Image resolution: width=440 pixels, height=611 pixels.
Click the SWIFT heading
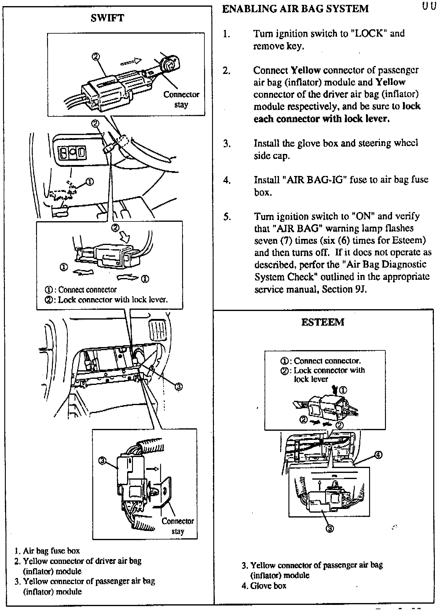point(107,18)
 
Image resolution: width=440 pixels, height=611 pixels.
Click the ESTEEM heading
point(323,322)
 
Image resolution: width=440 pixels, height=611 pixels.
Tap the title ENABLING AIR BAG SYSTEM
point(295,9)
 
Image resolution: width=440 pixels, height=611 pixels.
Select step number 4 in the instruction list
point(226,180)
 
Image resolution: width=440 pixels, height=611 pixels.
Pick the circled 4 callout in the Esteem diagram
point(378,455)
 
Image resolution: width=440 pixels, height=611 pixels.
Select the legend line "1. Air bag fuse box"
point(47,551)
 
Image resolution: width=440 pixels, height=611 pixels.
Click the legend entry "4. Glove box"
point(264,586)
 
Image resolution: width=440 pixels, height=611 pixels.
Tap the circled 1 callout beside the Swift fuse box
point(90,181)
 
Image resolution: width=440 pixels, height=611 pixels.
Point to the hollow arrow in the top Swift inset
point(131,61)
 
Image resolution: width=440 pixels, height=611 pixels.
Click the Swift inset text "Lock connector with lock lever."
point(113,299)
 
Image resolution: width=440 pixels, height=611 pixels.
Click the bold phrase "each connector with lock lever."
point(321,119)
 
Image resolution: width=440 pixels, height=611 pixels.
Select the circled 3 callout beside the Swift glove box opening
point(178,387)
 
